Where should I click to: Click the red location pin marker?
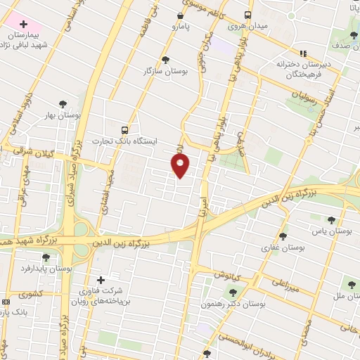pyautogui.click(x=181, y=166)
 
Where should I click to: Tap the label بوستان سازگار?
pyautogui.click(x=158, y=71)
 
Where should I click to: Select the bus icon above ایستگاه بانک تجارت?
pyautogui.click(x=124, y=130)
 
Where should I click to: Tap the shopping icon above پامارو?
pyautogui.click(x=181, y=15)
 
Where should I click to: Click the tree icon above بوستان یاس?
pyautogui.click(x=330, y=220)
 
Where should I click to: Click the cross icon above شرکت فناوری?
pyautogui.click(x=101, y=280)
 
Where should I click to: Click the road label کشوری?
pyautogui.click(x=32, y=293)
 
